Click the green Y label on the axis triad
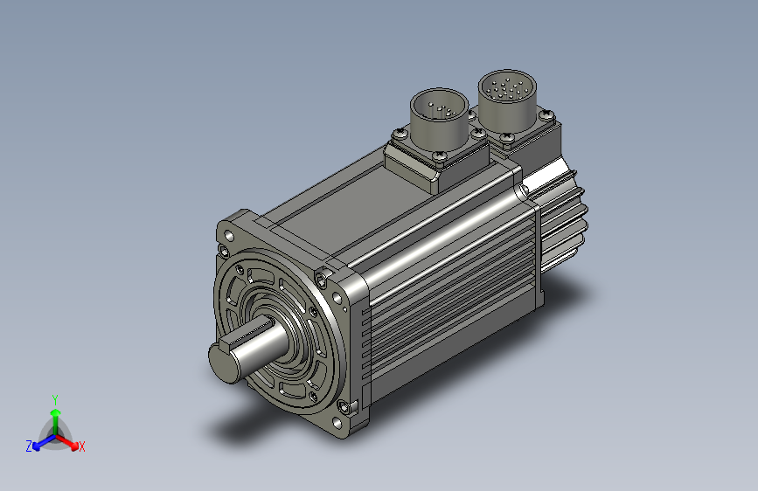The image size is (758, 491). pyautogui.click(x=55, y=399)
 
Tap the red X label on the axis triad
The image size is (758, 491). pyautogui.click(x=81, y=446)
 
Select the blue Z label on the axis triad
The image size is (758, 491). pyautogui.click(x=29, y=446)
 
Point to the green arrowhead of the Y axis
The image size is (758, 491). pyautogui.click(x=56, y=413)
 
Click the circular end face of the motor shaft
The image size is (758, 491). pyautogui.click(x=224, y=363)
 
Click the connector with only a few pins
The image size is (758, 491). pyautogui.click(x=439, y=114)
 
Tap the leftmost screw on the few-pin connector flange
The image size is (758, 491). pyautogui.click(x=400, y=133)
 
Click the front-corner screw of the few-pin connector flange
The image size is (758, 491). pyautogui.click(x=440, y=156)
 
